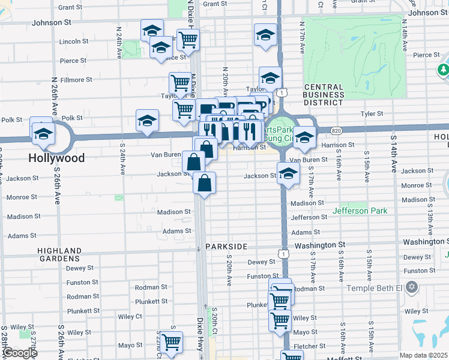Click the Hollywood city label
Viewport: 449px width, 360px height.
58,158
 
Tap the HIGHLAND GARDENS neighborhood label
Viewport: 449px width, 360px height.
59,254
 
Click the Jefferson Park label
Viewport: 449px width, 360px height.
360,211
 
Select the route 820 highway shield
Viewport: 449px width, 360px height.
336,130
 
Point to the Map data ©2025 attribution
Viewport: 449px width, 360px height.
423,355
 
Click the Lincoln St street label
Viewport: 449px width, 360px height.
74,41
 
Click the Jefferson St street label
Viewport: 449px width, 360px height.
309,217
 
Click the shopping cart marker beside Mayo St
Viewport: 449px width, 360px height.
171,343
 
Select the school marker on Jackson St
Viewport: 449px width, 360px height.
288,174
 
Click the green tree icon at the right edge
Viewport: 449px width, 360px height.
444,71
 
